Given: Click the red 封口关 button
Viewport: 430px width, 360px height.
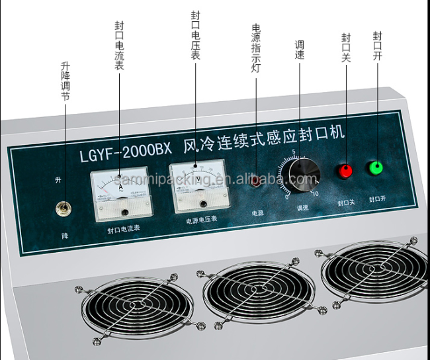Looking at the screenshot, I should coord(345,171).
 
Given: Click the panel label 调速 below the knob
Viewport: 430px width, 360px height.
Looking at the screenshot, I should coord(304,208).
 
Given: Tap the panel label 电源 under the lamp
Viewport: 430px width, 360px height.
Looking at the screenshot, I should coord(257,213).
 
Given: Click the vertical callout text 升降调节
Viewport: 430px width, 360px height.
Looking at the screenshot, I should coord(64,81).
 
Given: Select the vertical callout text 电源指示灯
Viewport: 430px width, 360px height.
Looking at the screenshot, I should coord(257,48).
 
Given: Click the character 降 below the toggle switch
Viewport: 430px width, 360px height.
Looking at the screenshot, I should coord(64,235).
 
